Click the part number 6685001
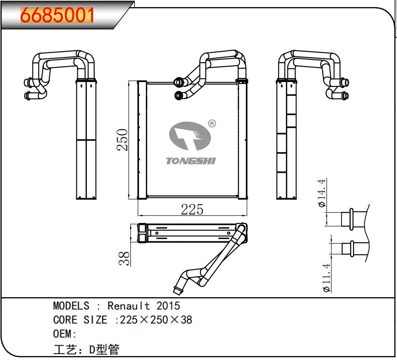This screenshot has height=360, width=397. click(57, 15)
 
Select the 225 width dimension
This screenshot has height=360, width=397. click(192, 209)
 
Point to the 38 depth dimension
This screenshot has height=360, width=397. click(125, 258)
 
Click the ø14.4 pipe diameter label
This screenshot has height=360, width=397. click(323, 193)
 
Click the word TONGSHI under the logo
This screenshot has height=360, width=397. click(190, 161)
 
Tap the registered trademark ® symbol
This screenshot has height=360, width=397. click(212, 124)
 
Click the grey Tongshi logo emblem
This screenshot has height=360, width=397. click(189, 138)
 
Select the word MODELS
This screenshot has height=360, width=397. click(71, 306)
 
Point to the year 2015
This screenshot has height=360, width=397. click(168, 306)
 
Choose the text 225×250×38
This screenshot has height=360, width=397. click(156, 319)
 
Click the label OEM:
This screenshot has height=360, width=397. click(65, 334)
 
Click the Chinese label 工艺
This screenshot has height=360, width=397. click(64, 349)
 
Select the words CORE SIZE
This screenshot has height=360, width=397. click(80, 319)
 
